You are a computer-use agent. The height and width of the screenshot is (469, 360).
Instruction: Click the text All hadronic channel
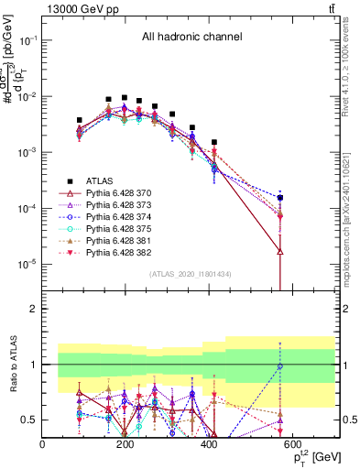click(x=191, y=38)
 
